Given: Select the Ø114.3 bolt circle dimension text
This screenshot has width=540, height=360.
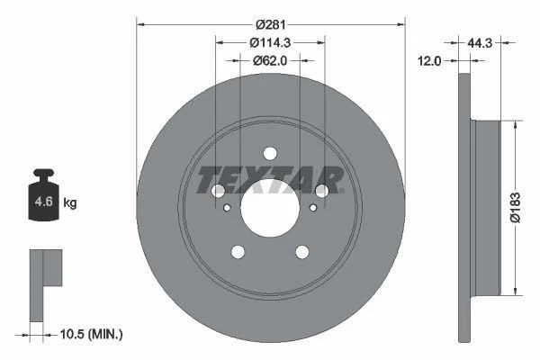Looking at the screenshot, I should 270,41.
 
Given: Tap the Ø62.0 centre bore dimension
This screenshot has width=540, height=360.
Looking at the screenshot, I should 270,60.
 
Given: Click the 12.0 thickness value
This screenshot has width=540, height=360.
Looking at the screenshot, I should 431,61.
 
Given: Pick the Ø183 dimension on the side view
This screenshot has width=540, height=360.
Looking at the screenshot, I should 514,206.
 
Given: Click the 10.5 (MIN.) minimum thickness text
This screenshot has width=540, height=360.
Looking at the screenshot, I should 90,334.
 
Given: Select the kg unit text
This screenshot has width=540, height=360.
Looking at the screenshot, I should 71,203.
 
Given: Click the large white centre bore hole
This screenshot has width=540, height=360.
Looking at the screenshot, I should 270,204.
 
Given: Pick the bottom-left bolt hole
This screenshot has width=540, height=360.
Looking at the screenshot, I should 238,252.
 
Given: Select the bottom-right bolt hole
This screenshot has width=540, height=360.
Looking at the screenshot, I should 302,252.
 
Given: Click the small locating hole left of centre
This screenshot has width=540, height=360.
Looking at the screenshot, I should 228,209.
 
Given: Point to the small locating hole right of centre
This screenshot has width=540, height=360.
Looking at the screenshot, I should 312,209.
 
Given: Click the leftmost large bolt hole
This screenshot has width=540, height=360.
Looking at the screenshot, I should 217,190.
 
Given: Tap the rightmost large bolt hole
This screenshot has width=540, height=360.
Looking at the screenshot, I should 323,190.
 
